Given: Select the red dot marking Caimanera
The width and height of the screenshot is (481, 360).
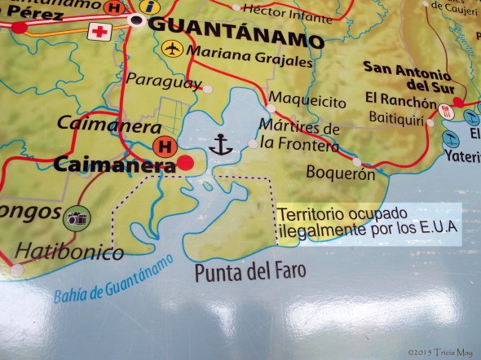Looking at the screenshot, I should pos(186,164).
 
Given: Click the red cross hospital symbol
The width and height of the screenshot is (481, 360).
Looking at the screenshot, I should pos(101,32).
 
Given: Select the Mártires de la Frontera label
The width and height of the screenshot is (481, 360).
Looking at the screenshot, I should pos(299,136).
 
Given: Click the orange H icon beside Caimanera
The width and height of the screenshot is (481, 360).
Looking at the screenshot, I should pos(166,147).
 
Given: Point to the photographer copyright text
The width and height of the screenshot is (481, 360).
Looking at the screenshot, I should pos(440,351).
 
